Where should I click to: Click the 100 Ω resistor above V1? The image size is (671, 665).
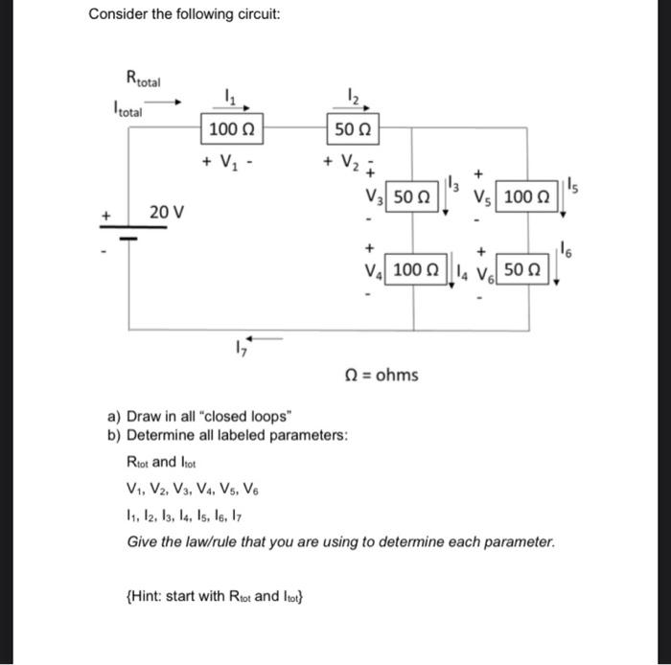230,129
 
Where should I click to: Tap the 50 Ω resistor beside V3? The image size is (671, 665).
413,198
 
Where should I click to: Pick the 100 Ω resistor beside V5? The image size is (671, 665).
524,198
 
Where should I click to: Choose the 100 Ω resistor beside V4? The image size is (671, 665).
413,271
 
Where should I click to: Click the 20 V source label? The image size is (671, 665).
165,211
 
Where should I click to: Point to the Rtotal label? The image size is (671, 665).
145,79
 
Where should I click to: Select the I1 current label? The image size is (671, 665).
228,95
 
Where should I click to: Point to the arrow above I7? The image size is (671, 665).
266,337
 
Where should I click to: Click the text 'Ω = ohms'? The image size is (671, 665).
382,374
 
